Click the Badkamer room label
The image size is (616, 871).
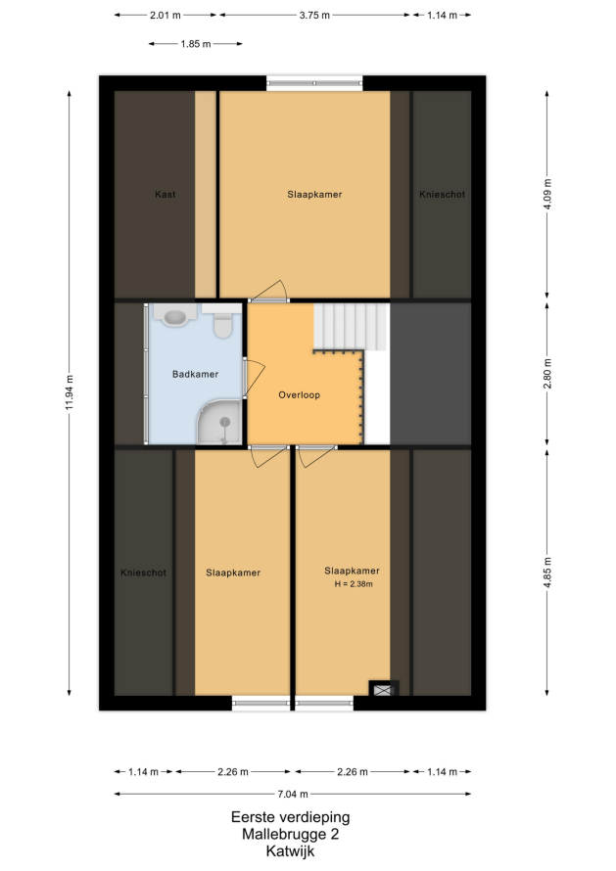coord(195,375)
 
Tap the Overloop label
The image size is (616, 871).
coord(299,395)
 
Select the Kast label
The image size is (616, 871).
coord(166,195)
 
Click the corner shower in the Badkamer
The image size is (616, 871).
coord(220,422)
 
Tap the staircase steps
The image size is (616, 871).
coord(351,326)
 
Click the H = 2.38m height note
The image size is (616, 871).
coord(354,584)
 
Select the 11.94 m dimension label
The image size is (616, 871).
coord(70,393)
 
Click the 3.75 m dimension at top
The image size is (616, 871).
coord(314,15)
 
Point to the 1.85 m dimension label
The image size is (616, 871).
coord(196,44)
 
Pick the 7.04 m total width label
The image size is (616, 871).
coord(293,795)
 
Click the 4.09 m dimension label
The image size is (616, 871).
coord(547,195)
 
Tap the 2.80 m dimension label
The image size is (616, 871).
coord(547,374)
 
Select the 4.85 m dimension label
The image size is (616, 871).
coord(547,573)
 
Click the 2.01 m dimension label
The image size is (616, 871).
coord(166,15)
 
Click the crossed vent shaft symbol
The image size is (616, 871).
coord(384,690)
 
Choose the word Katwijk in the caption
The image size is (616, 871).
coord(290,851)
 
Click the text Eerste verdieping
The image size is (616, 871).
coord(290,817)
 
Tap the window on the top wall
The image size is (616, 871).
coord(314,83)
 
